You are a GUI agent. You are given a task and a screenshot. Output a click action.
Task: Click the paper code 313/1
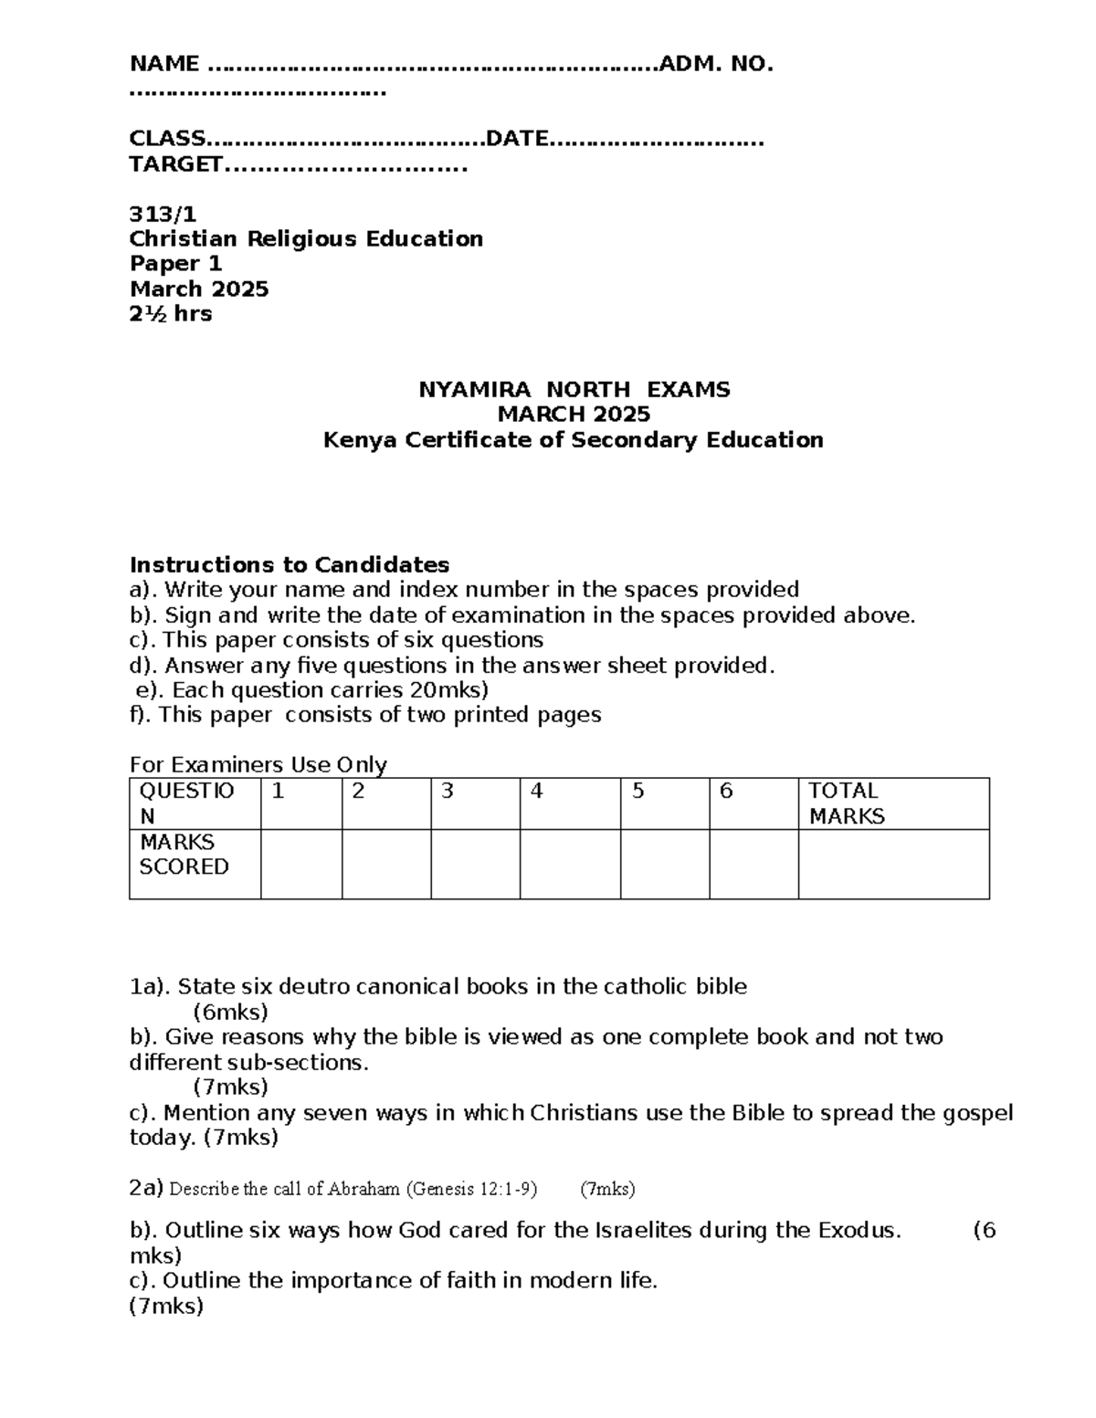point(163,215)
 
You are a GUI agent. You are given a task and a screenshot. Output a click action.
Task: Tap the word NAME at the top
point(164,64)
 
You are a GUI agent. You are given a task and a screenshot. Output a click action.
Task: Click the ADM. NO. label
point(716,64)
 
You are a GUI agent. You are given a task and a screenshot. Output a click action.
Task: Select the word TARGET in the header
point(175,164)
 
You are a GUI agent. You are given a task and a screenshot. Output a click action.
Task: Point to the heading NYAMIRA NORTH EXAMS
point(574,390)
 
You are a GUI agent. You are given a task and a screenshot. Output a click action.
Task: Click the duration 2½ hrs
point(171,314)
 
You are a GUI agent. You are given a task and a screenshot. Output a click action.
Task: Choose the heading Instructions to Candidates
point(290,564)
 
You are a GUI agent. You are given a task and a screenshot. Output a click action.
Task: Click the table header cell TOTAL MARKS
point(847,804)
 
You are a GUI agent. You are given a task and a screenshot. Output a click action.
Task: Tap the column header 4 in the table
point(537,792)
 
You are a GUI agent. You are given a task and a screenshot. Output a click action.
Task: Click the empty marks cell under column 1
point(301,864)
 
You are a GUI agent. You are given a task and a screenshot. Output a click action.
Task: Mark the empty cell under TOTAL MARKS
point(893,864)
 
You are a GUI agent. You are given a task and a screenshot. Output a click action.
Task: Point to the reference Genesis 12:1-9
point(471,1189)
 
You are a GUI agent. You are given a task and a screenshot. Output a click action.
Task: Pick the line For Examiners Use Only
point(258,764)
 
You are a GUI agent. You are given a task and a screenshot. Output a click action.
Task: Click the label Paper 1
point(176,264)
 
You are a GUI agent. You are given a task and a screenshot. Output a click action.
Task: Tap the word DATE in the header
point(517,139)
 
